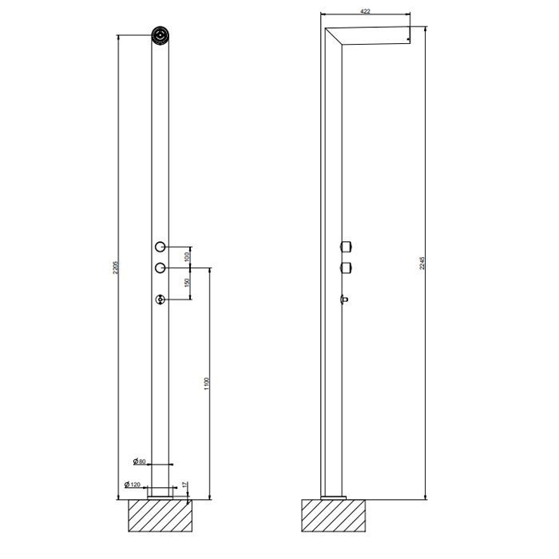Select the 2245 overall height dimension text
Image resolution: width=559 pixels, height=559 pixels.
(422, 264)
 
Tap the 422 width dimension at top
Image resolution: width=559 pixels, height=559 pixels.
(365, 11)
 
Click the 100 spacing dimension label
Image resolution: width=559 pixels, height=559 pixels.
(187, 256)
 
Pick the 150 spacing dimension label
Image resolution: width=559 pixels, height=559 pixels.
(187, 283)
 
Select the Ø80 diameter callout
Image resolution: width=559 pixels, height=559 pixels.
(139, 462)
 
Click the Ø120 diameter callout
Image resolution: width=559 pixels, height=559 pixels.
(133, 484)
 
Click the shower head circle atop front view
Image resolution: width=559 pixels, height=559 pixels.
(161, 35)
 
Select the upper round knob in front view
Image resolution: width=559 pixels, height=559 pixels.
(161, 246)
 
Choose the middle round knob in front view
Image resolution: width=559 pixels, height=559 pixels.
(161, 267)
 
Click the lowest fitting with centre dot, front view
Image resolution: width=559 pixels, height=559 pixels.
(161, 300)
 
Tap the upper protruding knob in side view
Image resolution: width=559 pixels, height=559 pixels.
(347, 245)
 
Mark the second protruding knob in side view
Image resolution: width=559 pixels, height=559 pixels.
(347, 267)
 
